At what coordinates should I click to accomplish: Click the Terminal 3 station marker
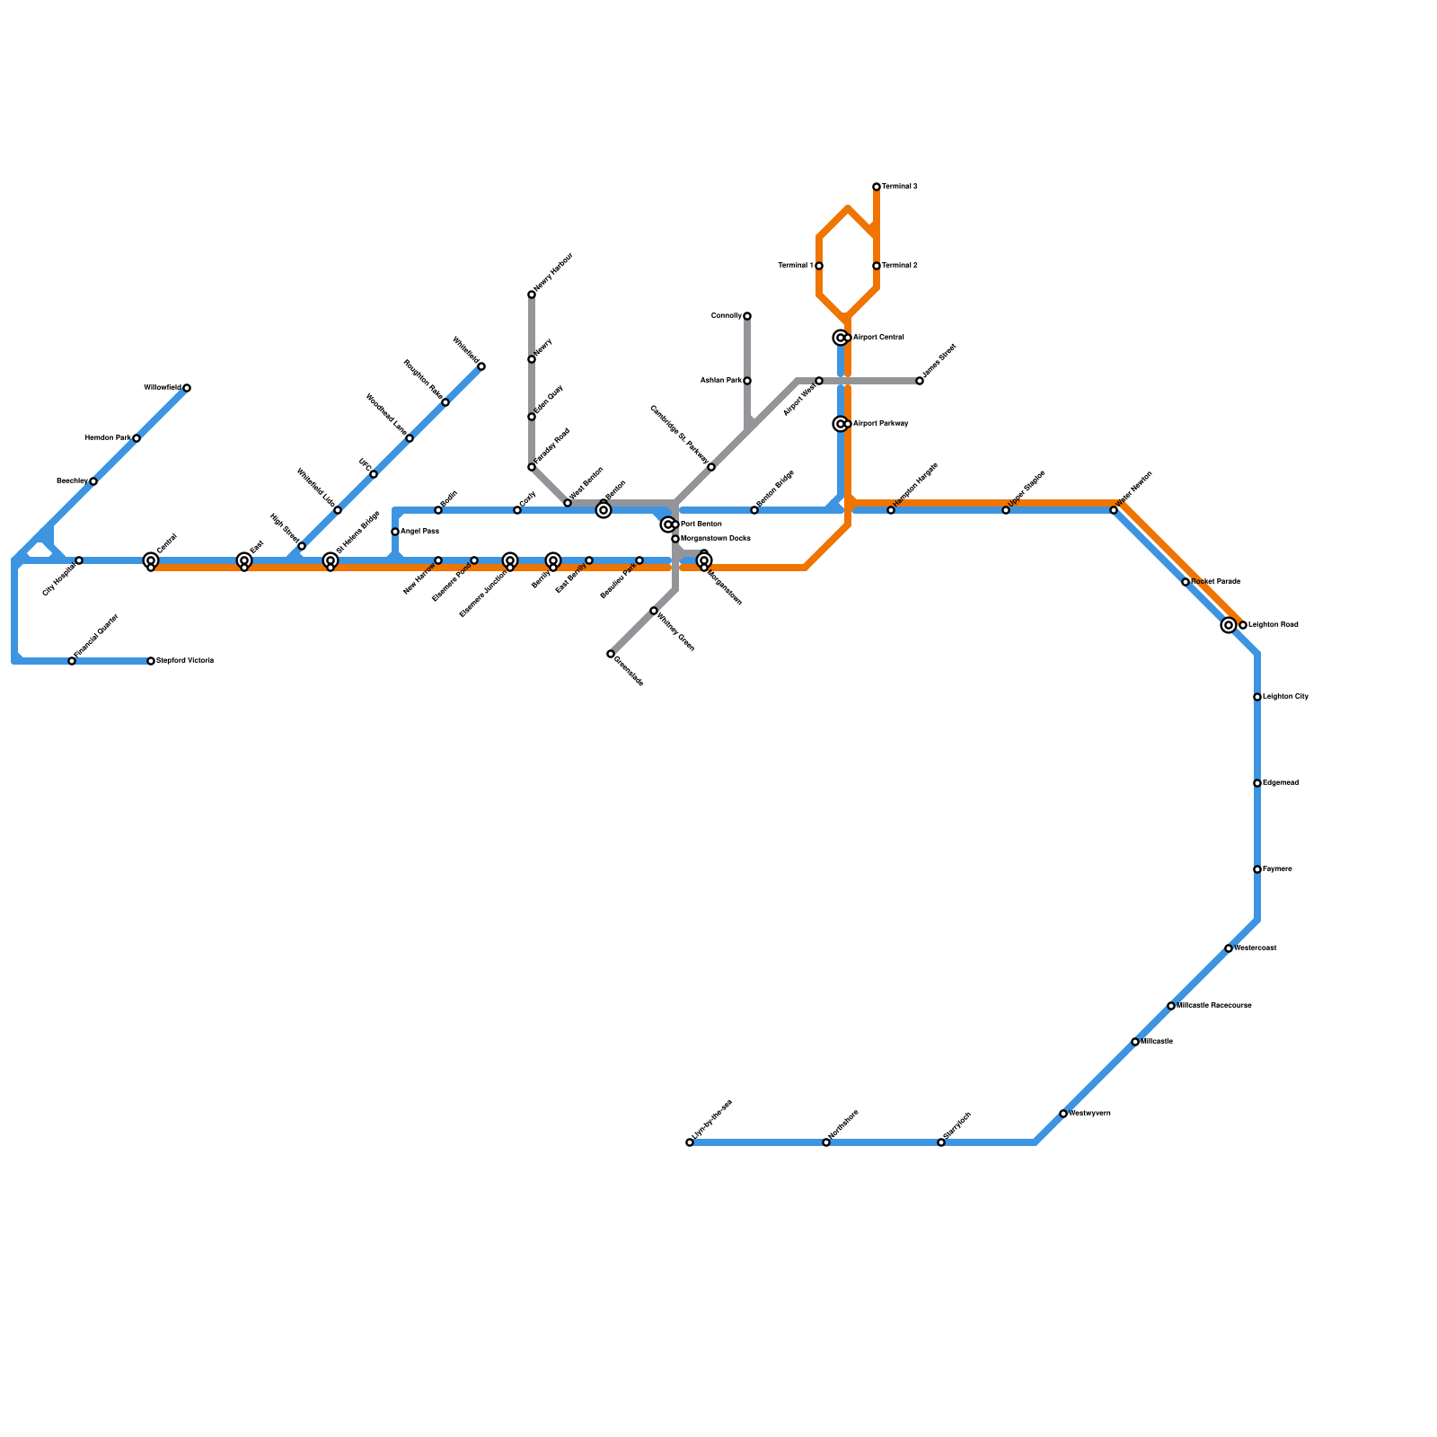click(x=877, y=187)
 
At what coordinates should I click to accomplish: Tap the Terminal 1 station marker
click(x=819, y=266)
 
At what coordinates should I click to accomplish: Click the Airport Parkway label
click(x=880, y=424)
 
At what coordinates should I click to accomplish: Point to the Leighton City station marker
click(x=1257, y=697)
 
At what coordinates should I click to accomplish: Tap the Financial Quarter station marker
click(x=72, y=661)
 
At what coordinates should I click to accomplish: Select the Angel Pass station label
click(x=419, y=532)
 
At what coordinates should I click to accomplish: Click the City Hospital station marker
click(x=79, y=560)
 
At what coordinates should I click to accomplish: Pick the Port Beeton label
click(x=701, y=525)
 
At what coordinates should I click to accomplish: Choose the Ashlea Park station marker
click(x=747, y=381)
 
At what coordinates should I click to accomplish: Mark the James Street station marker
click(x=920, y=381)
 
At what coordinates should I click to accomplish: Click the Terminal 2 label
click(x=899, y=266)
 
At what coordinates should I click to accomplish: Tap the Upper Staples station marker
click(x=1006, y=510)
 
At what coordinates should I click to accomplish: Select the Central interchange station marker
click(x=151, y=561)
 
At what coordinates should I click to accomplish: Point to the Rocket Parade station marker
click(x=1186, y=582)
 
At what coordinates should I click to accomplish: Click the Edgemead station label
click(x=1280, y=783)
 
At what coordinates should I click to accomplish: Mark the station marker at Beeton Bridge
click(x=754, y=510)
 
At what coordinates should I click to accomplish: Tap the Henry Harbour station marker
click(x=532, y=295)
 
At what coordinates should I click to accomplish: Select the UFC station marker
click(x=374, y=474)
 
